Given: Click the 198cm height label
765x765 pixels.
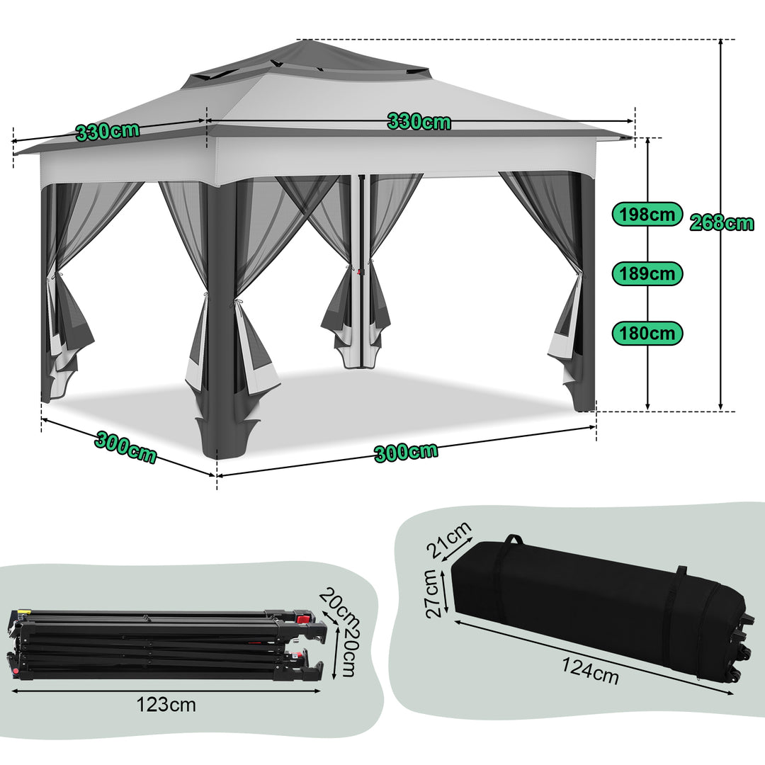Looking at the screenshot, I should pos(647,213).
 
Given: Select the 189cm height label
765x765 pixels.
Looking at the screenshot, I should pos(647,273).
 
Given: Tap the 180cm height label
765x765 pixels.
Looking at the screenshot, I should pos(647,333).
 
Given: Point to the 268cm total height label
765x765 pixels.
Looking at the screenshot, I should pos(722,223).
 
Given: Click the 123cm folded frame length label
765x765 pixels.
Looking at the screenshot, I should pos(166,704).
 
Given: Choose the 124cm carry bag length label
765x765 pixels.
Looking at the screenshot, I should pos(591,671).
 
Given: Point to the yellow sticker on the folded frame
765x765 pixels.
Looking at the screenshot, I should pos(25,611).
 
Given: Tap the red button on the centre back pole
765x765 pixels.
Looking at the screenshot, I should pos(360,270).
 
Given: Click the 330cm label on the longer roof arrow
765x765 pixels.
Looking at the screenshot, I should pos(419,121).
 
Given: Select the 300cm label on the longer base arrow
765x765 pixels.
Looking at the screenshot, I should pos(406,452).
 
